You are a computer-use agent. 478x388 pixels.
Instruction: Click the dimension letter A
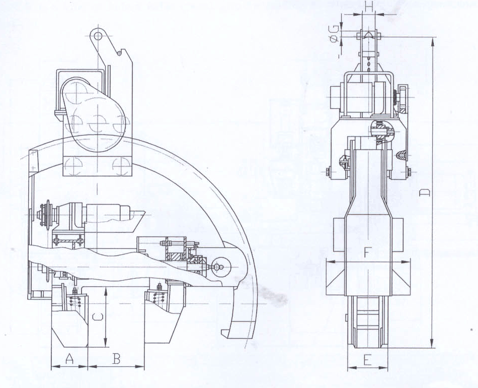click(x=70, y=358)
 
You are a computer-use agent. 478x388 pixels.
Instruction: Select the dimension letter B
click(x=116, y=358)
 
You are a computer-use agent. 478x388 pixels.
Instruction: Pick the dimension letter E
click(x=368, y=360)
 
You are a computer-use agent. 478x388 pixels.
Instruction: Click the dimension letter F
click(x=368, y=253)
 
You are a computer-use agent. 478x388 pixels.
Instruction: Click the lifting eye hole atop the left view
click(x=98, y=36)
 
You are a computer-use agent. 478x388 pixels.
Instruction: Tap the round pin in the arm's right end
click(x=219, y=267)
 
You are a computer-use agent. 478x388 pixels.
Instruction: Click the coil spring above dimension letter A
click(x=74, y=301)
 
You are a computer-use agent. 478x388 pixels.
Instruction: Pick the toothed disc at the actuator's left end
click(x=48, y=214)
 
